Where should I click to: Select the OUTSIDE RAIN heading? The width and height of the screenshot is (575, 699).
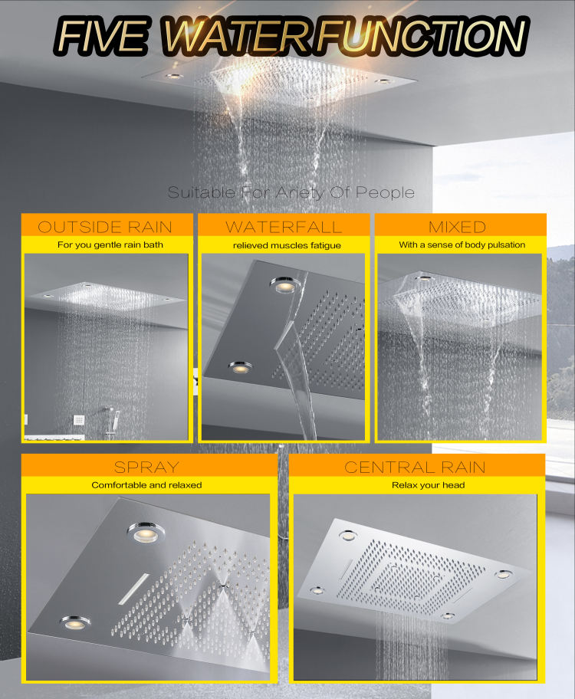[x=105, y=226]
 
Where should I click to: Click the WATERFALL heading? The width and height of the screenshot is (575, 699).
[x=284, y=226]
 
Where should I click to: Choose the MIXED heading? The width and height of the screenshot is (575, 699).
[x=458, y=226]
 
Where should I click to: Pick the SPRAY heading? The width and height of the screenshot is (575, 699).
[x=146, y=466]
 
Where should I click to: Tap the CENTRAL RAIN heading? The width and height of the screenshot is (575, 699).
[x=415, y=466]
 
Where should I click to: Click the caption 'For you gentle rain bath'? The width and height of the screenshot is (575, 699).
[x=105, y=245]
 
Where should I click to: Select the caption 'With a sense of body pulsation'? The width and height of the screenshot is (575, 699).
[x=462, y=245]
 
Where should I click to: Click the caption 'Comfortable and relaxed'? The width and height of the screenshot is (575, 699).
[x=146, y=485]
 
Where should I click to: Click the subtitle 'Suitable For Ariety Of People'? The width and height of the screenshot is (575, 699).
[x=291, y=192]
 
